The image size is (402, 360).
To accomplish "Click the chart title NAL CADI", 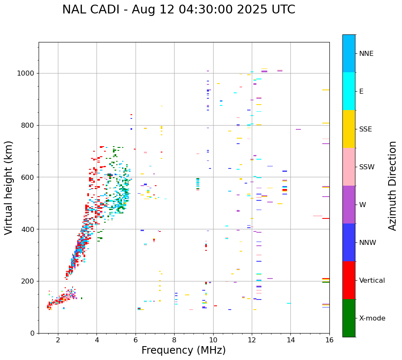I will point(178,10).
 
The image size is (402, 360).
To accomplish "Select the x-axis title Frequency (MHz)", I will point(183,350).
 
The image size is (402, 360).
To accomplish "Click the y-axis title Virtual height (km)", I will point(9,188).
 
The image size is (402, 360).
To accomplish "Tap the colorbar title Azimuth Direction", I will point(392,186).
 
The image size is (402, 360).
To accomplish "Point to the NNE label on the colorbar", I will point(366,54).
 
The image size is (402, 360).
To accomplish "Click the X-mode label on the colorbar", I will point(372,318).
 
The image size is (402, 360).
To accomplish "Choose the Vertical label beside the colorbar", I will point(372,281).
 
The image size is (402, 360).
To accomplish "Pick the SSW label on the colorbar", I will point(367,167).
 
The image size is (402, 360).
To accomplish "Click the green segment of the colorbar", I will point(349,318).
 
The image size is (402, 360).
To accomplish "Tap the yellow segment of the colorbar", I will point(349,129).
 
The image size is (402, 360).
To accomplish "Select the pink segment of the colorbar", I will point(349,167).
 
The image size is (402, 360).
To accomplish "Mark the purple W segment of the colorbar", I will point(349,205).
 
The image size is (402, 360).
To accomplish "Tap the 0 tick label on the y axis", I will point(32,333).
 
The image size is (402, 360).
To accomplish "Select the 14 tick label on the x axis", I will point(291,340).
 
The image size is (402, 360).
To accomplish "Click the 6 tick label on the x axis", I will point(136,340).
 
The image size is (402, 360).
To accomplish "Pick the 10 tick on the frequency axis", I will point(213,340).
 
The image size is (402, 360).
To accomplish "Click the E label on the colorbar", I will point(361,92).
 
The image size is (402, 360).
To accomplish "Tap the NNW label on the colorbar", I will point(368,243).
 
